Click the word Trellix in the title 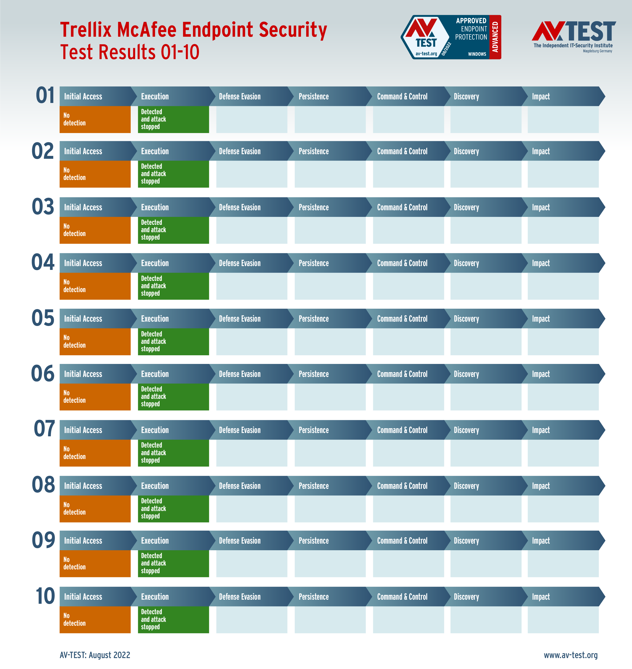(86, 30)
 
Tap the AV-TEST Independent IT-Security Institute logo (573, 36)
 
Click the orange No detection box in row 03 (95, 230)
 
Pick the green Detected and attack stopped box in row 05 (173, 342)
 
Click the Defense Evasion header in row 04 (239, 263)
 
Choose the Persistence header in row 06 (313, 374)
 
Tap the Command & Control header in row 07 (402, 430)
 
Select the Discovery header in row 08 (466, 486)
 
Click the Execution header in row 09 (155, 541)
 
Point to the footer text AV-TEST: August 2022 (95, 655)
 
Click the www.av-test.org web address (570, 655)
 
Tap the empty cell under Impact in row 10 (563, 620)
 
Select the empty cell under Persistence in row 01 (330, 119)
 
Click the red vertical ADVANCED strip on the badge (495, 37)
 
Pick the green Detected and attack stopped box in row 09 (173, 563)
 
